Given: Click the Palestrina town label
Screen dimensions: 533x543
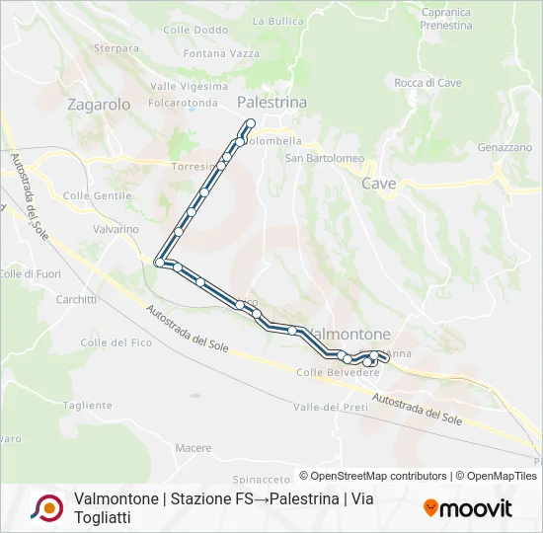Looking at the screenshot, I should click(x=271, y=103).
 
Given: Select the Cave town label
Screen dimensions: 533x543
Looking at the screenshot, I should click(x=378, y=184).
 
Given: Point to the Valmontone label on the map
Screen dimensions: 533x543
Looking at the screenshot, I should click(x=349, y=334).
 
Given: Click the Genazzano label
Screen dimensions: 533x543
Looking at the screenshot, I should click(x=504, y=147).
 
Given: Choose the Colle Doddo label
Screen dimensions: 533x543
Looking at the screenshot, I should click(x=195, y=31).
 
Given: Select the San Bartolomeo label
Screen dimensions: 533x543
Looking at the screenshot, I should click(x=325, y=158).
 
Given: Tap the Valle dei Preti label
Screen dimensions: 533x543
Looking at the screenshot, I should click(x=331, y=407).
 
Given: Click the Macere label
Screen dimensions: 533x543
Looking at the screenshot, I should click(x=194, y=448).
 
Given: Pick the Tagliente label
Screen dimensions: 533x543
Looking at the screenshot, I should click(x=88, y=405).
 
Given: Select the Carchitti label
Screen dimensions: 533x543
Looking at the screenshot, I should click(x=76, y=299).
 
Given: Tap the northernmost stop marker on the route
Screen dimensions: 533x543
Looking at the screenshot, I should click(x=250, y=123).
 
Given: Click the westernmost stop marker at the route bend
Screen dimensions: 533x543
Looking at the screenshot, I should click(x=159, y=262).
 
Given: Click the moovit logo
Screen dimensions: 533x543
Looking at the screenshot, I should click(x=468, y=508).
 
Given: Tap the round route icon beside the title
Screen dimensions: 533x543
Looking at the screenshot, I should click(x=46, y=507).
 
